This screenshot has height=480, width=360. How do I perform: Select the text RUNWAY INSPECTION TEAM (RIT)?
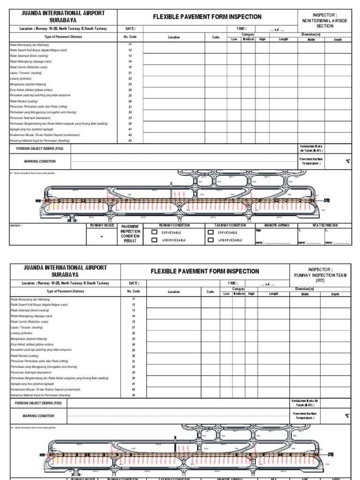[x=320, y=278]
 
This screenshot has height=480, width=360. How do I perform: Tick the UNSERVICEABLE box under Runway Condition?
[x=154, y=240]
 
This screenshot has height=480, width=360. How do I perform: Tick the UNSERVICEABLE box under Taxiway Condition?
[x=211, y=240]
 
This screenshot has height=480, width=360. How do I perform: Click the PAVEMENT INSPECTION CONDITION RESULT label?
[x=130, y=233]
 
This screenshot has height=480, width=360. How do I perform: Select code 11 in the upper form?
[x=130, y=45]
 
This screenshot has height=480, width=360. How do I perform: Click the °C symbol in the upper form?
[x=348, y=161]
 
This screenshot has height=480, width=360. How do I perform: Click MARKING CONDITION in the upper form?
[x=40, y=161]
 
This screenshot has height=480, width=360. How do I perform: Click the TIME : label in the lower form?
[x=232, y=283]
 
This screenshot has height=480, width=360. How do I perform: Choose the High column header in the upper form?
[x=262, y=39]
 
